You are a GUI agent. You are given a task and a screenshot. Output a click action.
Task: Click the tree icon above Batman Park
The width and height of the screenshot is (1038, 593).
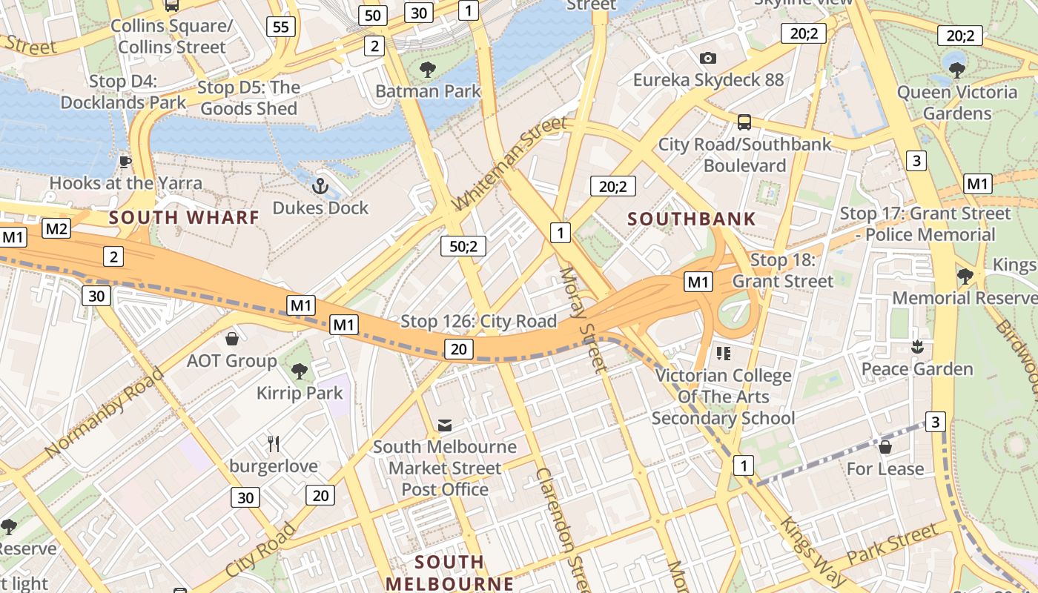tap(427, 70)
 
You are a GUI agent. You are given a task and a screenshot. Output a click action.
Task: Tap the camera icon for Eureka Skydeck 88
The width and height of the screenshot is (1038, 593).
tap(708, 58)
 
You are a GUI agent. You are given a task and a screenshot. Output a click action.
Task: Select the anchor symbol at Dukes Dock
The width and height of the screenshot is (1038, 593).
tap(320, 185)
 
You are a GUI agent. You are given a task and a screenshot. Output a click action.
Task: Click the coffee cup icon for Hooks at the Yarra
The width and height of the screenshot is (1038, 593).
tap(125, 161)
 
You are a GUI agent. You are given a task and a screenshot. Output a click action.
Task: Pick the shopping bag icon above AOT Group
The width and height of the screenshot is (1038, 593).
tap(232, 339)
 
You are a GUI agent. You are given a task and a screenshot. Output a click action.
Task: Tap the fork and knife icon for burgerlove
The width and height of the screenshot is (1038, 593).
tap(274, 444)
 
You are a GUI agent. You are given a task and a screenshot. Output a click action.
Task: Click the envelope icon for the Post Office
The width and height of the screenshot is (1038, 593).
tap(445, 425)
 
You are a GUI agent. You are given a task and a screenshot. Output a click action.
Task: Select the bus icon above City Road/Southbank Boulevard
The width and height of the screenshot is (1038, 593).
tap(744, 122)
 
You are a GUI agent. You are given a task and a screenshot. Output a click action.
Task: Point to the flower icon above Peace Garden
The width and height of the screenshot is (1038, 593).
tap(917, 346)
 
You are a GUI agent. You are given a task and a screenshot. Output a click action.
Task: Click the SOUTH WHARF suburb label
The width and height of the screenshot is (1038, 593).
tap(185, 218)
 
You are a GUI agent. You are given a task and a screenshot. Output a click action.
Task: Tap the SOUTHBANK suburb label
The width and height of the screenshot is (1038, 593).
tap(692, 219)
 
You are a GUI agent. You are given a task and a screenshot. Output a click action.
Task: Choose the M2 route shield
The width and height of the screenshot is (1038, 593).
tap(57, 228)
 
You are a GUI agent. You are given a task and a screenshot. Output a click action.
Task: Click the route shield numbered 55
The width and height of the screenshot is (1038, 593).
tap(281, 27)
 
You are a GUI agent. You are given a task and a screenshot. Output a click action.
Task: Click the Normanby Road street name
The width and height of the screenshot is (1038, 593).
tap(104, 412)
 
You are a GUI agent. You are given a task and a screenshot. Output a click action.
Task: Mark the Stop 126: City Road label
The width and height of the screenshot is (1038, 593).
tap(478, 322)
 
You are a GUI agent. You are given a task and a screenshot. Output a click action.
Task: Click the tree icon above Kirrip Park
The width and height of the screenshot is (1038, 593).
tap(300, 371)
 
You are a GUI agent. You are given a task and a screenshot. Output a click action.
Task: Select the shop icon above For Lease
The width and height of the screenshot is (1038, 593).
tap(885, 447)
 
